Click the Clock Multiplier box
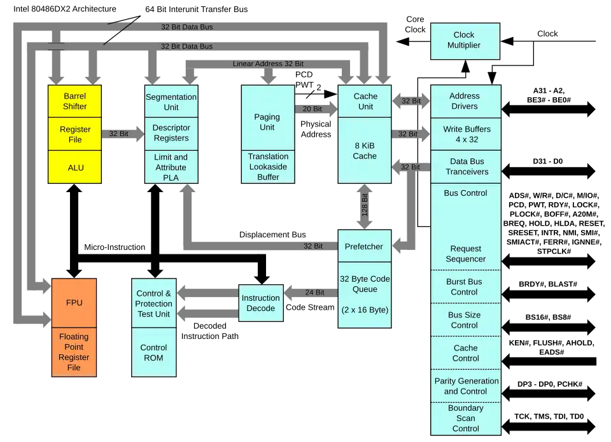(464, 41)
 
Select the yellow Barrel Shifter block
(74, 101)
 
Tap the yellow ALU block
(75, 167)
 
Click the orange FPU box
(74, 303)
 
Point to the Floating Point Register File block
(74, 352)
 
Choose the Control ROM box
(153, 352)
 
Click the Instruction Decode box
(261, 303)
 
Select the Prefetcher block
(364, 246)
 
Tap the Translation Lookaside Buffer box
(268, 167)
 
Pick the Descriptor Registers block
(171, 133)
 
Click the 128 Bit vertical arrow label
(365, 206)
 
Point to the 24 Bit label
(314, 293)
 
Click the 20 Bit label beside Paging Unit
(312, 109)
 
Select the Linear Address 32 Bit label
(268, 64)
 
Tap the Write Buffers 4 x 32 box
(467, 134)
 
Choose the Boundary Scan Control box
(466, 418)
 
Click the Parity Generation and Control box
(466, 386)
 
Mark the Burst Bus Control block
(465, 287)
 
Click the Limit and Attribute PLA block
(171, 167)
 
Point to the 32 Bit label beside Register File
(119, 134)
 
